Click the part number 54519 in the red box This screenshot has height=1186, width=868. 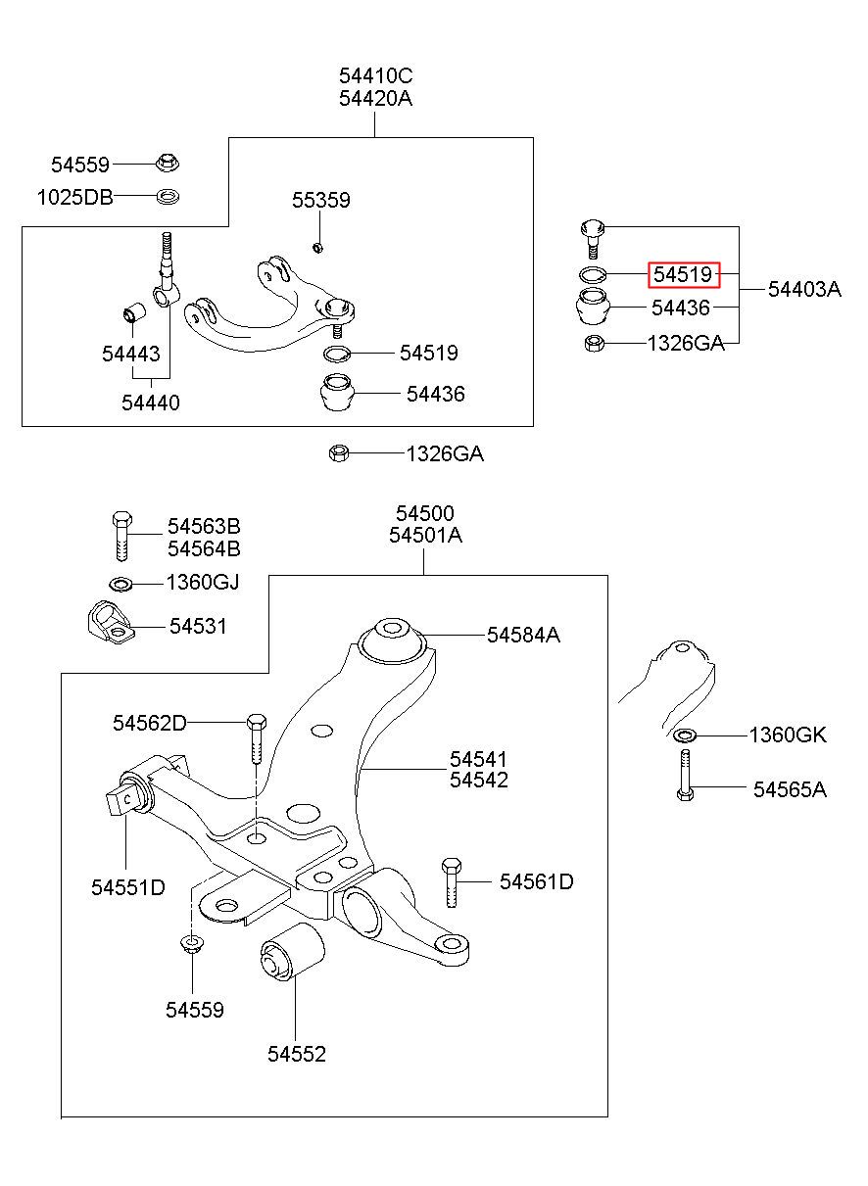pos(682,274)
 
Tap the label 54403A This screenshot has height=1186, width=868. pos(804,289)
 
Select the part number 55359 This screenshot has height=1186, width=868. pos(321,200)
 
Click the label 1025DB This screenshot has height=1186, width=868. pos(75,198)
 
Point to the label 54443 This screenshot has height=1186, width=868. pos(131,354)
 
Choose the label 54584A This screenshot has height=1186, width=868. pos(523,635)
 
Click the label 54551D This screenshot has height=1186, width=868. pos(128,887)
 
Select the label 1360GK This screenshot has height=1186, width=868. pos(788,735)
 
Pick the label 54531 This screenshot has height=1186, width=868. pos(198,627)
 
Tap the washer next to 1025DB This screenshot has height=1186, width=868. pos(168,197)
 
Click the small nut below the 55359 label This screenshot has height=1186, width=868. pos(317,247)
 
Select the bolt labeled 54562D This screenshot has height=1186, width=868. pos(257,738)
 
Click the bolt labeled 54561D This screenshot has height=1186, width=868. pos(451,882)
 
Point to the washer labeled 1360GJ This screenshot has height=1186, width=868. pos(121,585)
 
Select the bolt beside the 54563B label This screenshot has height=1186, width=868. pos(122,537)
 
